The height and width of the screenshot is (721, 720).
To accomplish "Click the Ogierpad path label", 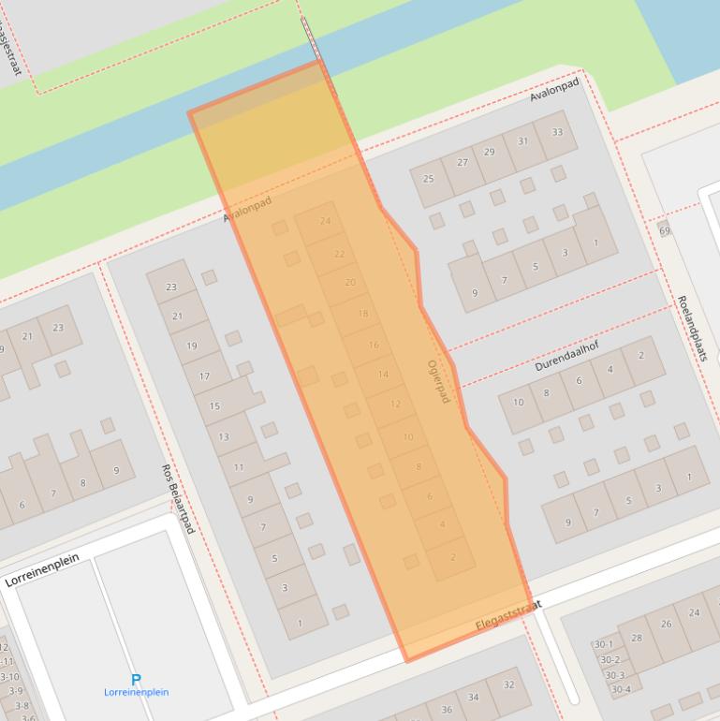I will pos(438,382).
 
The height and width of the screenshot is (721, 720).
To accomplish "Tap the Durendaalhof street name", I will pos(566,357).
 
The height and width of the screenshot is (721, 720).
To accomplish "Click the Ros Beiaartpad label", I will pos(177,498).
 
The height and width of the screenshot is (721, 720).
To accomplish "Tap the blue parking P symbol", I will pos(136,680).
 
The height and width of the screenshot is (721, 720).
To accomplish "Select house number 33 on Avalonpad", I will pos(557,132).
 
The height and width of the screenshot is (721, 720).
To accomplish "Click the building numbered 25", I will pos(429,179).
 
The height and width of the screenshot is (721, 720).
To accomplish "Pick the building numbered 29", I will pos(490,152).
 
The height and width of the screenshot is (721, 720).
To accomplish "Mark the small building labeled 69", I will pos(665,229).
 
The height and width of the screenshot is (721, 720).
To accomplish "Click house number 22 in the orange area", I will pos(339,254).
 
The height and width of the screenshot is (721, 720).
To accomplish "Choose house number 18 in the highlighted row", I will pos(362,314).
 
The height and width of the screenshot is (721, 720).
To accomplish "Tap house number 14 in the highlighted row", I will pos(383,375).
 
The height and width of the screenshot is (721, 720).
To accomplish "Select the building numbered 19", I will pos(191,346).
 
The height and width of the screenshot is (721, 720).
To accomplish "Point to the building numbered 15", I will pos(214,405).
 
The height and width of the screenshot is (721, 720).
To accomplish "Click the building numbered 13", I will pos(224,436).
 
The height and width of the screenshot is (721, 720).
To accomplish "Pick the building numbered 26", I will pos(666,624).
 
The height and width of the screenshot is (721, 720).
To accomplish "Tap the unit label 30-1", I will pos(603,644).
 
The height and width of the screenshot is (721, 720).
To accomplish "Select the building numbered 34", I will pos(474,697).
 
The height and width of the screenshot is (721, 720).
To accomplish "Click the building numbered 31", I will pos(522,142).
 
